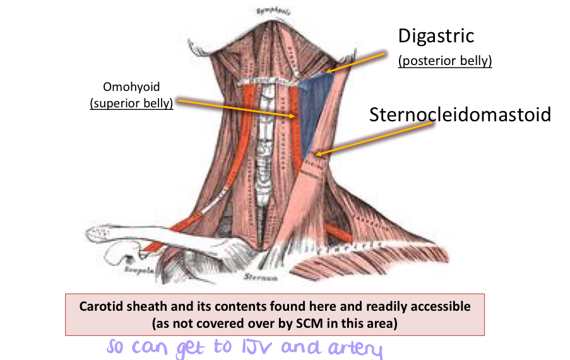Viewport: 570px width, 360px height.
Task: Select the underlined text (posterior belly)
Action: coord(445,62)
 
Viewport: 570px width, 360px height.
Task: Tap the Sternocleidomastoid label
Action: coord(460,115)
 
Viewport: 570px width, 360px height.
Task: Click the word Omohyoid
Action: coord(132,88)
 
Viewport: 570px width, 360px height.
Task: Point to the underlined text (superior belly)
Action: coord(132,103)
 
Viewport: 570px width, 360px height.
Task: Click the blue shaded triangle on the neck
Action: coord(315,111)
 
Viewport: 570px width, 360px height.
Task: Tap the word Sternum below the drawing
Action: coord(256,277)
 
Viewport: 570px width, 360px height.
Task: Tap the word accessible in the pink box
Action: coord(436,307)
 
